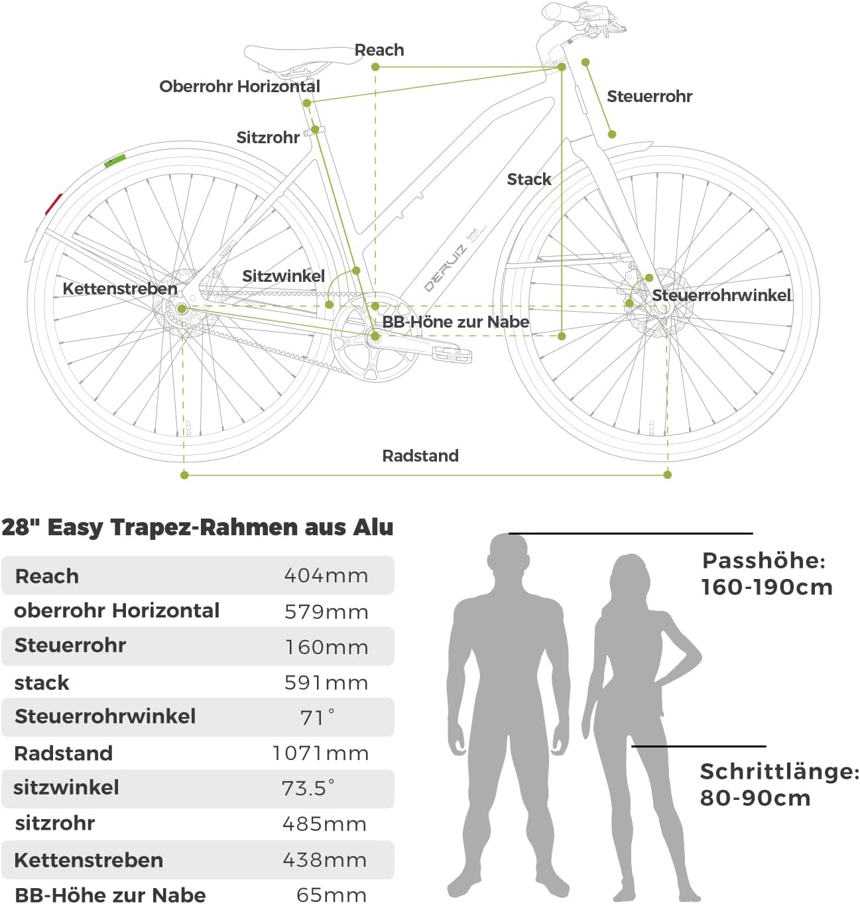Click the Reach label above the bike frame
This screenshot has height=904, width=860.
379,50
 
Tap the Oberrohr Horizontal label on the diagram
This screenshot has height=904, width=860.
239,86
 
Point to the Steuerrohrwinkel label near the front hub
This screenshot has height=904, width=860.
721,295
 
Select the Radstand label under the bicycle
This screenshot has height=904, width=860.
420,456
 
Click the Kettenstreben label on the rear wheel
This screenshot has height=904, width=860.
120,289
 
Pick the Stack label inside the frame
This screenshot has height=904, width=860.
528,179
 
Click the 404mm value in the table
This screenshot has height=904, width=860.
326,575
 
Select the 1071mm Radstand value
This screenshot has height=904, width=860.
320,753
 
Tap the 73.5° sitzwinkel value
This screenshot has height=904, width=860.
308,788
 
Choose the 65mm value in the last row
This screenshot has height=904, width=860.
331,895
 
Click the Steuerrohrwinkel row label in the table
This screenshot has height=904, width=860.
105,716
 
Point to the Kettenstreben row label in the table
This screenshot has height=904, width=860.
88,860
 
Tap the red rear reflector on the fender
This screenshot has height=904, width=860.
53,204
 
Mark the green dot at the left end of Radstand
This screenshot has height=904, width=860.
184,475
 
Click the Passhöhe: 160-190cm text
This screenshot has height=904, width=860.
766,574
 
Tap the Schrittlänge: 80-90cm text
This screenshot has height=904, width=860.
778,784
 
